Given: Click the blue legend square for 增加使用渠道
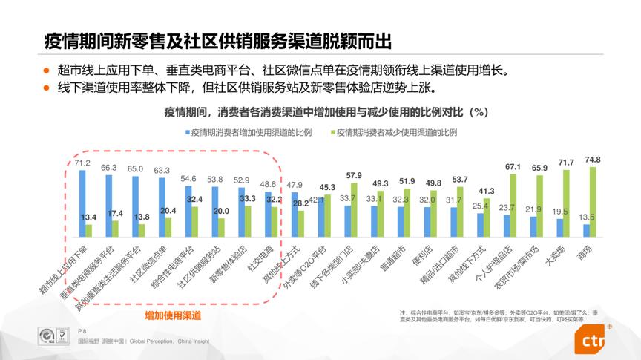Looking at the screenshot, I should (x=188, y=132).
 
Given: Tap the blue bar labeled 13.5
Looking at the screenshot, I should (x=585, y=229).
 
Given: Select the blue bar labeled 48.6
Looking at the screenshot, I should (x=268, y=214).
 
